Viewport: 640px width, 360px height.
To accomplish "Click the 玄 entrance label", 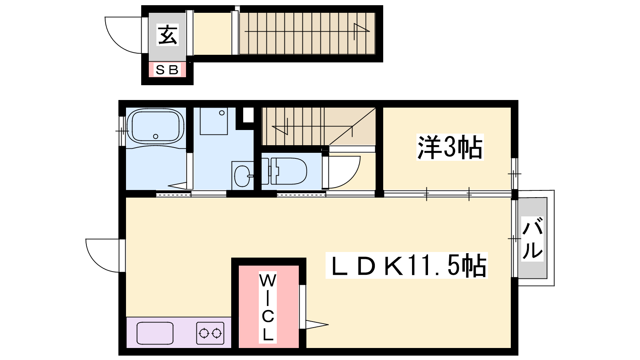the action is coord(168,35).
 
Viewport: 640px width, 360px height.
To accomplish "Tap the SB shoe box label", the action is coord(167,70).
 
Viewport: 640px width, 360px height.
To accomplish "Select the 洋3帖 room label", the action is coord(450,147).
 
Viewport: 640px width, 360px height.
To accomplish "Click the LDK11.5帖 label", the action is coord(406,266).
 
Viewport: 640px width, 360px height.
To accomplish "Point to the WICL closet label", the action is coord(268,307).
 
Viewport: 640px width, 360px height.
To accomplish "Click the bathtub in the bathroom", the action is coord(156,127).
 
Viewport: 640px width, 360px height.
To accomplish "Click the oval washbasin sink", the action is coord(242,176).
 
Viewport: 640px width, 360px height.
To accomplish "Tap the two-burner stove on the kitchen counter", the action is coord(210,333).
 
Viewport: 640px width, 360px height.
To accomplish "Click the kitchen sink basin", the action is coord(155,333).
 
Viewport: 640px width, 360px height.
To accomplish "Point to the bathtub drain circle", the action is coord(156,136).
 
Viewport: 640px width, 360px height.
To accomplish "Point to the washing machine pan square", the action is coord(214,121).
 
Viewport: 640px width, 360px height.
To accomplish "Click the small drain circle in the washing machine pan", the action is coord(222,113).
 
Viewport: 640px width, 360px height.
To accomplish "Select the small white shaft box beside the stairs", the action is coord(248,115).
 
